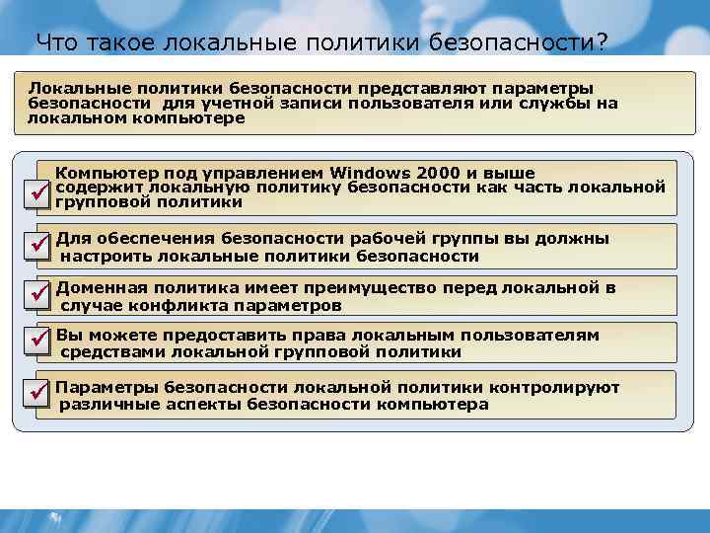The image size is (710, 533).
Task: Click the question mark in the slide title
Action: [x=601, y=42]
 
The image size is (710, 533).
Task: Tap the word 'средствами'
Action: [x=111, y=351]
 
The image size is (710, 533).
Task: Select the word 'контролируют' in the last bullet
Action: [x=559, y=388]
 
